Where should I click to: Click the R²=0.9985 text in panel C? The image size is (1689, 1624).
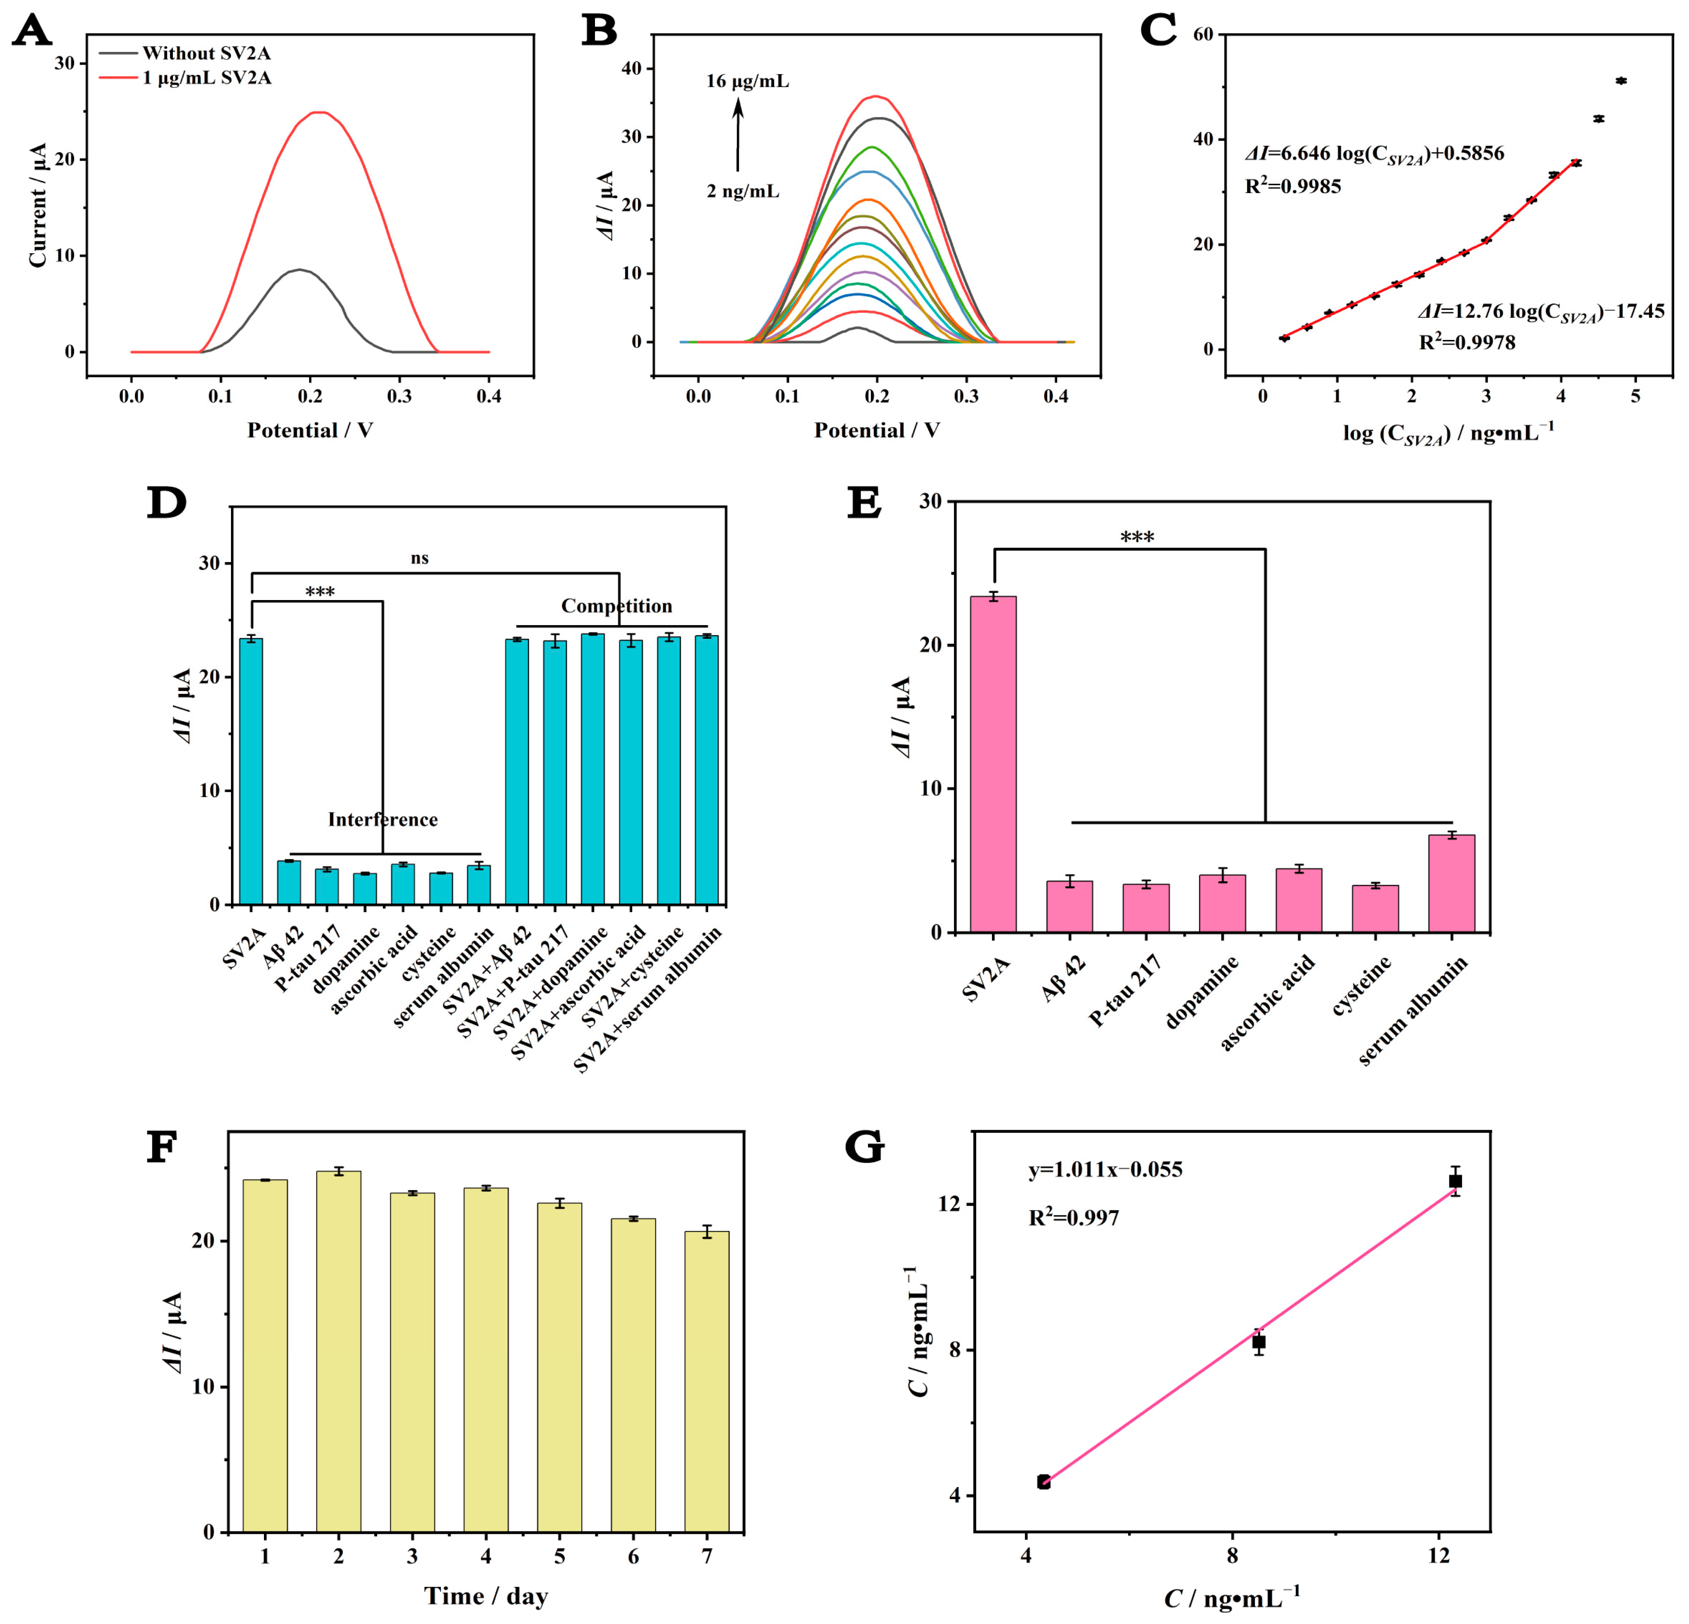(1292, 187)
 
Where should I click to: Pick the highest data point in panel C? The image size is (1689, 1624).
(1621, 81)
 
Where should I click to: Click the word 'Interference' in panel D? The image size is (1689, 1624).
(383, 819)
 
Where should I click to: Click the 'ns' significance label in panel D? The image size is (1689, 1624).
(420, 558)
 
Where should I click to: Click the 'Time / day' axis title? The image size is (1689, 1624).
(486, 1596)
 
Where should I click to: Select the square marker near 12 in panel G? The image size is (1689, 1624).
(1456, 1181)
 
